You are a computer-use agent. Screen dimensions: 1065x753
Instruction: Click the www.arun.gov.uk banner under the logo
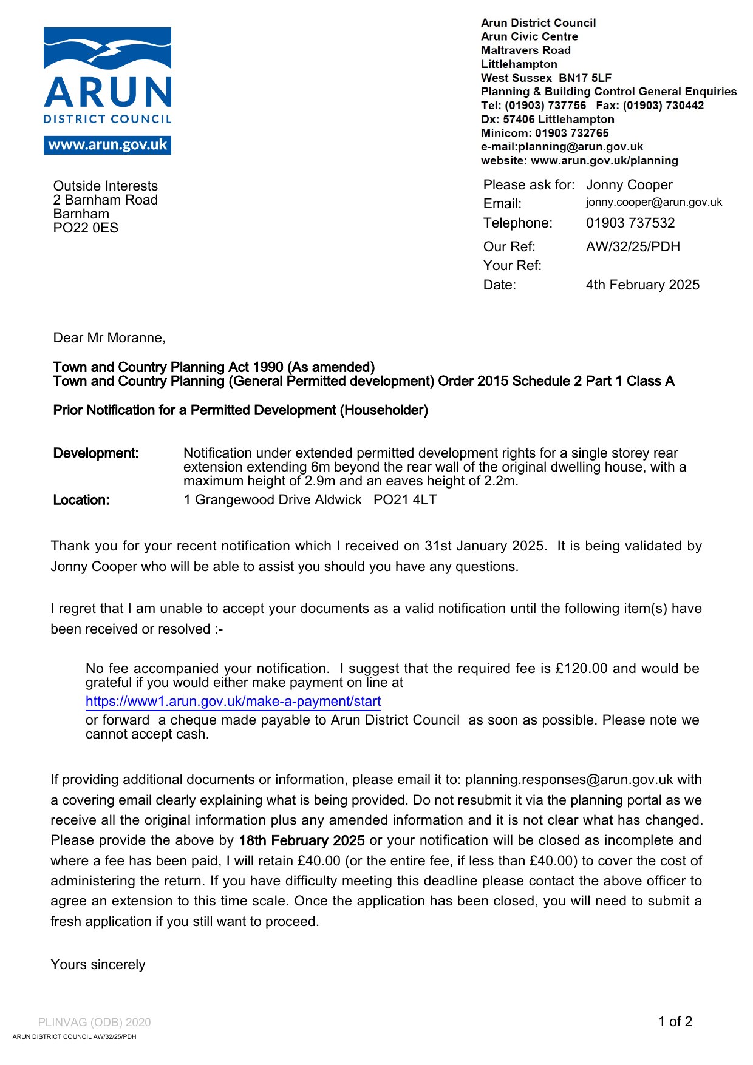(x=107, y=145)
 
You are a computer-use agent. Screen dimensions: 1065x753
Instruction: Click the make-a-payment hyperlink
(x=233, y=702)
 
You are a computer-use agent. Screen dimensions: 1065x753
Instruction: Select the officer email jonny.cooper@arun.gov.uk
(x=654, y=202)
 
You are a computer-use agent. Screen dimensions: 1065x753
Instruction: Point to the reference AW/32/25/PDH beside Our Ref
(x=633, y=246)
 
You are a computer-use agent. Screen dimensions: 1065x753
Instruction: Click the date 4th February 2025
(x=642, y=285)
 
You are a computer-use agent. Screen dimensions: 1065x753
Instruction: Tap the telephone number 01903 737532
(x=630, y=223)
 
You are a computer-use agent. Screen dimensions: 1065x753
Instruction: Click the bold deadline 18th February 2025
(x=302, y=840)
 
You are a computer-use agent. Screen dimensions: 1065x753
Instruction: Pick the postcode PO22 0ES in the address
(x=86, y=228)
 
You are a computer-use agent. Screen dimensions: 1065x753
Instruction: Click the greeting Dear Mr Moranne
(x=109, y=337)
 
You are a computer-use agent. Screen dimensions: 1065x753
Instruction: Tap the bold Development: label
(x=96, y=453)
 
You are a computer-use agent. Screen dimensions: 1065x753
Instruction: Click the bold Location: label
(x=81, y=500)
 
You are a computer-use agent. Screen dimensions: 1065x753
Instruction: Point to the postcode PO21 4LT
(x=405, y=499)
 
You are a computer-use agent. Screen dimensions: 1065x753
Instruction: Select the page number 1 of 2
(x=675, y=1021)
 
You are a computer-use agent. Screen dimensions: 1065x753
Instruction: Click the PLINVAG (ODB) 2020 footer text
(x=94, y=1022)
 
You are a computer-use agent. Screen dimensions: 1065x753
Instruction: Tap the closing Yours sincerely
(x=98, y=964)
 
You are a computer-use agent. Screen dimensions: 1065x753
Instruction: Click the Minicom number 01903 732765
(x=571, y=133)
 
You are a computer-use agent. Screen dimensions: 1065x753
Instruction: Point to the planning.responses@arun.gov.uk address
(x=569, y=779)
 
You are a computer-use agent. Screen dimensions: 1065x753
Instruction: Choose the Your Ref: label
(x=512, y=265)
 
